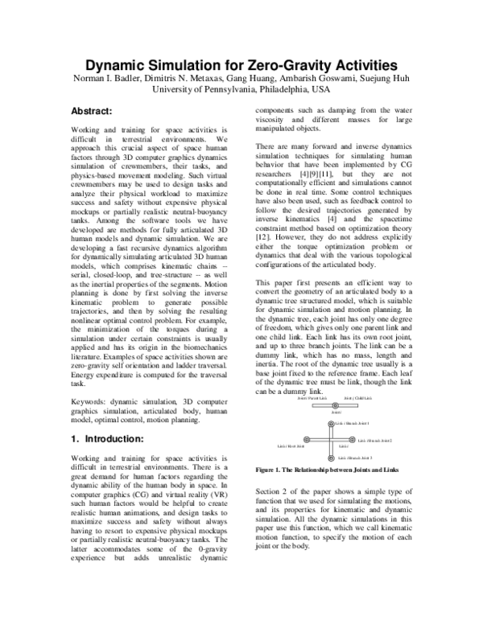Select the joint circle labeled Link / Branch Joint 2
[x=352, y=441]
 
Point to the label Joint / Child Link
[x=357, y=398]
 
